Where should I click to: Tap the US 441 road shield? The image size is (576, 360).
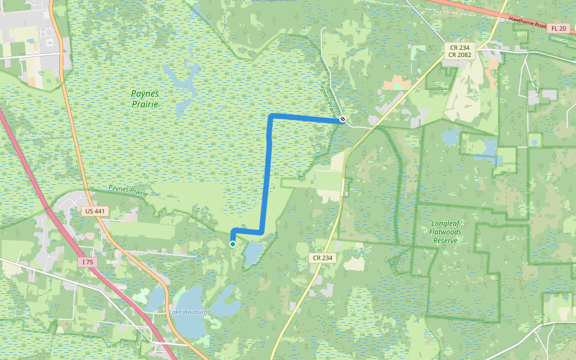tap(95, 211)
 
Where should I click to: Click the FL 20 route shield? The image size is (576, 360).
tap(559, 28)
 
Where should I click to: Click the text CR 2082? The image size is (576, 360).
tap(459, 55)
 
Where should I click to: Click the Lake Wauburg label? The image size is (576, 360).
tap(188, 312)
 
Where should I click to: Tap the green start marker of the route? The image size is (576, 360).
tap(233, 244)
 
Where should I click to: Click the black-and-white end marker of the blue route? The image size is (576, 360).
tap(343, 120)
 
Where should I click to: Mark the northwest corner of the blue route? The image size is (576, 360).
tap(271, 115)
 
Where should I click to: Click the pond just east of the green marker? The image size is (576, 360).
tap(253, 253)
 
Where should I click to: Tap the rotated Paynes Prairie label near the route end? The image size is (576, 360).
tap(329, 99)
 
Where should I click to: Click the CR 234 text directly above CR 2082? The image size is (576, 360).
tap(459, 47)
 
